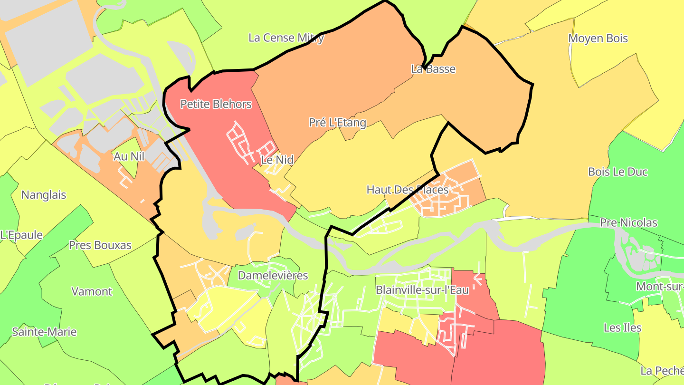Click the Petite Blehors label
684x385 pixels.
216,104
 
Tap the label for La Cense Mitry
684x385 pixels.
286,38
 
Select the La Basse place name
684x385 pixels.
433,69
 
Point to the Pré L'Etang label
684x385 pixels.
338,123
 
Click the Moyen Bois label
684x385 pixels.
598,38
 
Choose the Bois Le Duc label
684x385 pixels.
617,172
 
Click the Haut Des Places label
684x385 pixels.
407,190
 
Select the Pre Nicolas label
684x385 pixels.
628,222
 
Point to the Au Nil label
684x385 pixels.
129,156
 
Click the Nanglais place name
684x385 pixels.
44,195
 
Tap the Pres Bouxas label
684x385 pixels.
100,245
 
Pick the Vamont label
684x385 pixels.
92,291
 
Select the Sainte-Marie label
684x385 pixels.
44,332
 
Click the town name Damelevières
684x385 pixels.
273,276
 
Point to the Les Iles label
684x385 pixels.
622,328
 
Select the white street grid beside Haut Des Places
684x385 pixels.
451,200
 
